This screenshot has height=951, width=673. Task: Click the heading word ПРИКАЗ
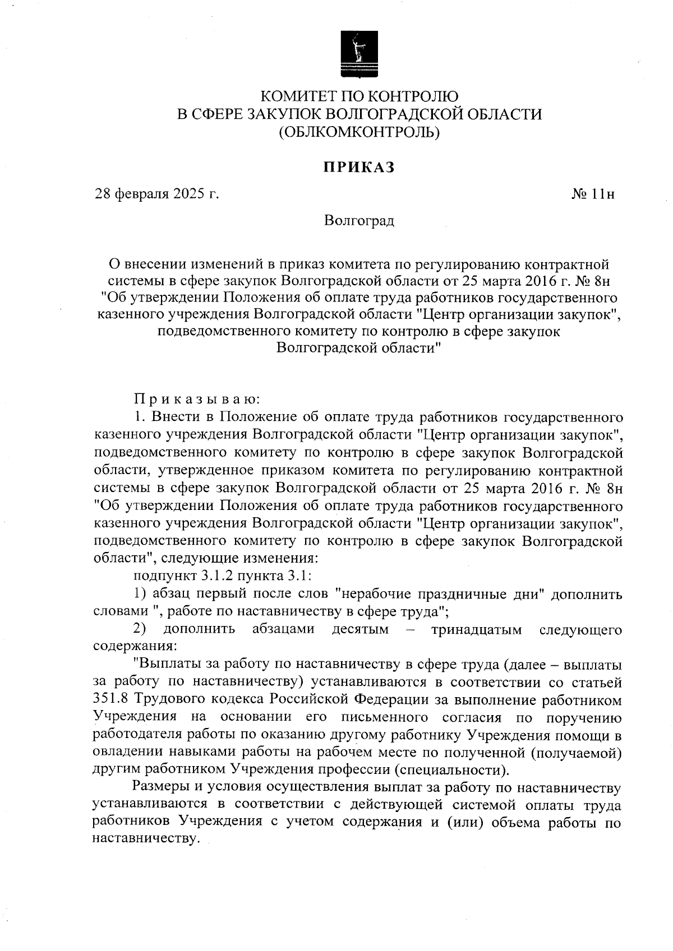click(x=359, y=168)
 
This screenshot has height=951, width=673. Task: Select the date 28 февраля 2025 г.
click(x=156, y=194)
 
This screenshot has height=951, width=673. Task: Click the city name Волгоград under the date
click(x=359, y=221)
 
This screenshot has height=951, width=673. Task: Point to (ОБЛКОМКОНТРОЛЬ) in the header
click(x=359, y=132)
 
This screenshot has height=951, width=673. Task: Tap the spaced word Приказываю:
click(x=196, y=400)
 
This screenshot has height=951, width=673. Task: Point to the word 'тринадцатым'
click(x=476, y=629)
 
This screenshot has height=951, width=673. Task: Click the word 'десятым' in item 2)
click(x=360, y=629)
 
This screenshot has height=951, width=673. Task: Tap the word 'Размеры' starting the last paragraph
click(x=162, y=788)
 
